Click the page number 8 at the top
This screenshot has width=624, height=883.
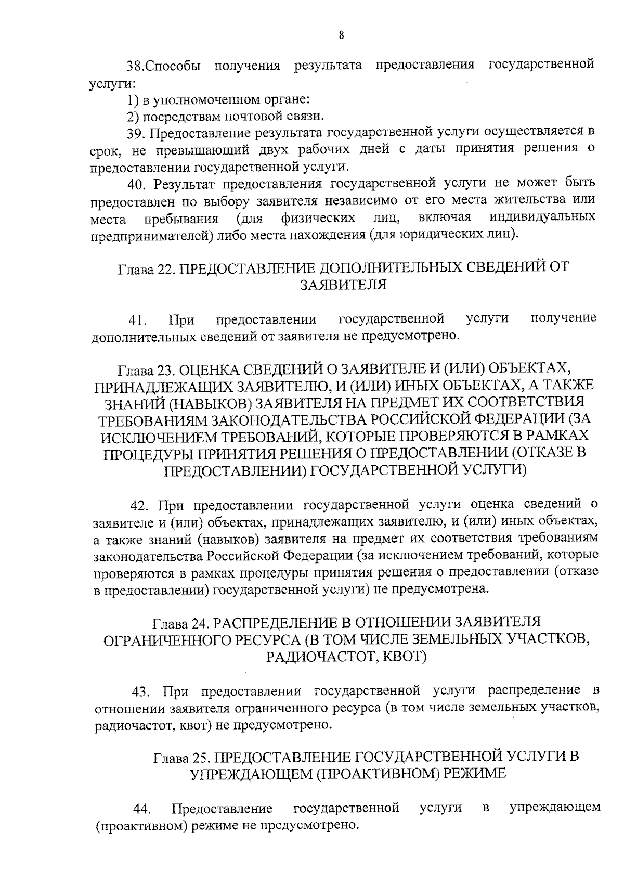point(341,35)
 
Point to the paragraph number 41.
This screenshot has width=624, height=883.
point(138,319)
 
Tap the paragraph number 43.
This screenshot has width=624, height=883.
point(142,691)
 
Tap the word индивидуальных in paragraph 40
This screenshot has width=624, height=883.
point(543,216)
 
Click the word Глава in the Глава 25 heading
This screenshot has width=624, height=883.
point(169,756)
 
